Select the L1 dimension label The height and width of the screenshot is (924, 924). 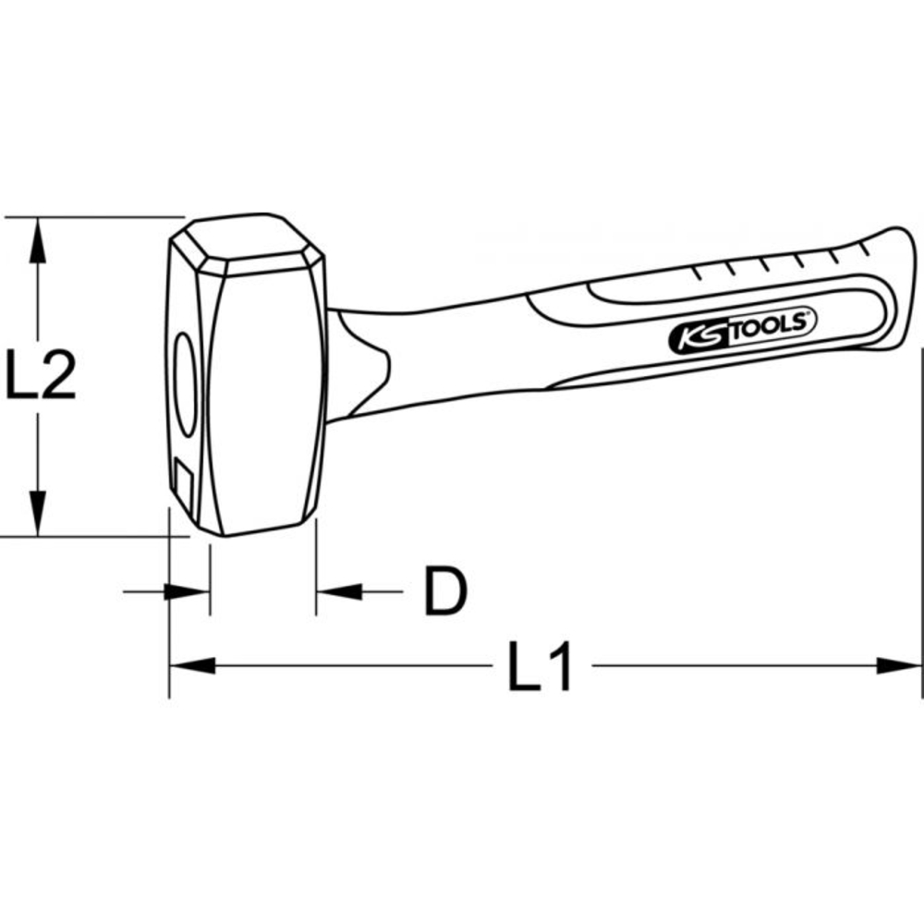[541, 665]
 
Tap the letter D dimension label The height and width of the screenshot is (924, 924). [445, 591]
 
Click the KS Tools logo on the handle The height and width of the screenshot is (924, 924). [738, 330]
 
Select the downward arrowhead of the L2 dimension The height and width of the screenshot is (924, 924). [37, 514]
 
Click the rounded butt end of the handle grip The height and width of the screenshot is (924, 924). [889, 277]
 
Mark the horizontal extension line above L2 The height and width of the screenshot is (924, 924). [92, 217]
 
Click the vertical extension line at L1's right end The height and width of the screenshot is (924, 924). [921, 517]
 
